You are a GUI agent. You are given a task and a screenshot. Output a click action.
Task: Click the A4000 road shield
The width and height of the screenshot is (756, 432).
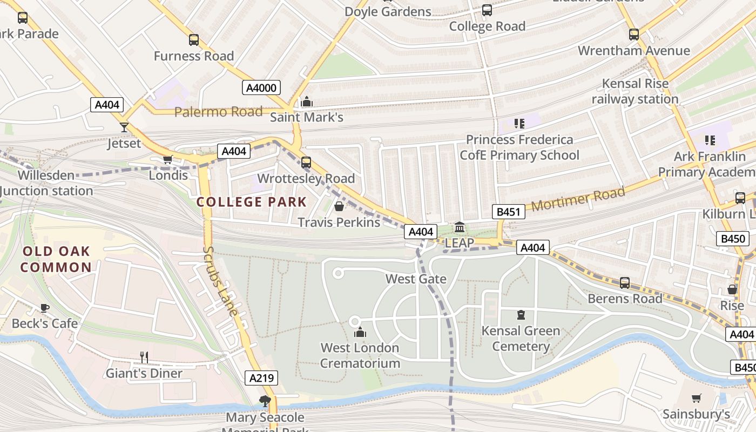click(261, 88)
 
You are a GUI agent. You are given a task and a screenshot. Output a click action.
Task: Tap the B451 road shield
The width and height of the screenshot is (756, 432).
click(508, 212)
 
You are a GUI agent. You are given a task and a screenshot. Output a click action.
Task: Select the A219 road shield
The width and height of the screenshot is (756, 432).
click(262, 378)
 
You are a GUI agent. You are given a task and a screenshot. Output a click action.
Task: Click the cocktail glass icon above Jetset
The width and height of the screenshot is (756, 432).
click(124, 127)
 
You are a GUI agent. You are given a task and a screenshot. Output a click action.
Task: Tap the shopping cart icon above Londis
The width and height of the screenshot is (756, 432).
click(168, 159)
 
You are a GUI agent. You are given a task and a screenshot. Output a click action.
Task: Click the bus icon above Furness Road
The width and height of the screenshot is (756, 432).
click(194, 40)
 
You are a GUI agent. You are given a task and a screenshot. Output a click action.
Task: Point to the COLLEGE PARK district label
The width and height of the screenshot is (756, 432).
click(252, 202)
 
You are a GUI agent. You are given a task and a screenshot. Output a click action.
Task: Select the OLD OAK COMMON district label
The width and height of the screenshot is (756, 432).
click(56, 259)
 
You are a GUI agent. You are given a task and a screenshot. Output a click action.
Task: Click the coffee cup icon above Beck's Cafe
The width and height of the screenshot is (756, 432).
click(45, 308)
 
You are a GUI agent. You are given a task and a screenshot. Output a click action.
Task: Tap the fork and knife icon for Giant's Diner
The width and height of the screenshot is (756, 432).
click(144, 357)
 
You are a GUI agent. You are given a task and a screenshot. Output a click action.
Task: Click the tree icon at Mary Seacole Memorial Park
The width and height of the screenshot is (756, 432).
click(265, 401)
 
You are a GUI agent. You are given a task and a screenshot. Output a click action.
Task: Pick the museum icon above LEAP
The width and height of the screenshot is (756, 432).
click(460, 227)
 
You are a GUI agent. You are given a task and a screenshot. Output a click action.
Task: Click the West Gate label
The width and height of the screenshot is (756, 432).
click(416, 279)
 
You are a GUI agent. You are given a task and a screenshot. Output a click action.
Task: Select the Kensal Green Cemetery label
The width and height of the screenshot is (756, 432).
click(521, 338)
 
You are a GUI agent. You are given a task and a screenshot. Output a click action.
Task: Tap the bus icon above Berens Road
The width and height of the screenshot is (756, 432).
click(625, 282)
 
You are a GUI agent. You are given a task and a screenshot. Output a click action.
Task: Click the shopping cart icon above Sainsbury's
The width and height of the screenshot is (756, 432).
click(697, 398)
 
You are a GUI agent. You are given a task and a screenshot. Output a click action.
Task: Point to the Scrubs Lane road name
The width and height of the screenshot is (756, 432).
click(220, 281)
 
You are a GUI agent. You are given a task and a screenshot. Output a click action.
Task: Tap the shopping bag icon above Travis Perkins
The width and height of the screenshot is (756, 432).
click(339, 206)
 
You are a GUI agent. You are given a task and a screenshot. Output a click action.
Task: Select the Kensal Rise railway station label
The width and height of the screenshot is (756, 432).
click(635, 91)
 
